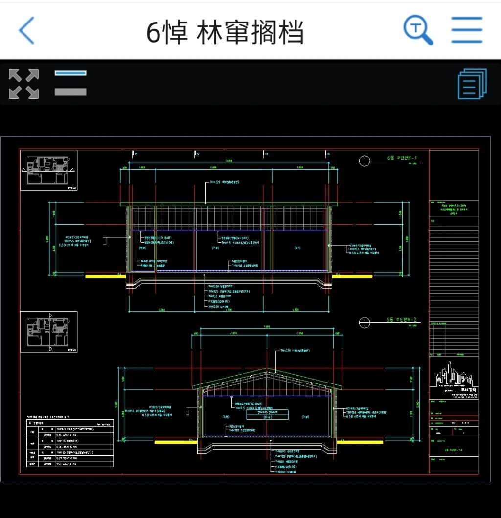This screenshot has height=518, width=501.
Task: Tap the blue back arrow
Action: point(27,30)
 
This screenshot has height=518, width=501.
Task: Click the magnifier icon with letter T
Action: point(418,30)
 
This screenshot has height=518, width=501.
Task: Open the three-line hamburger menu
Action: point(467,30)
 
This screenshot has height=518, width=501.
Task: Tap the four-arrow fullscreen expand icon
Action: point(23,84)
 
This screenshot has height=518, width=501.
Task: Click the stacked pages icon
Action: point(472,84)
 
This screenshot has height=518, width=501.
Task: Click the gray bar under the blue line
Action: point(70,91)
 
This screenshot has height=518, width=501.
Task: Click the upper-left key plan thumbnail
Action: point(48,170)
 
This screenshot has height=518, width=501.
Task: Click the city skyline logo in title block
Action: point(455,376)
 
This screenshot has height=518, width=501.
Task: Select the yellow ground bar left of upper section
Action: point(105,276)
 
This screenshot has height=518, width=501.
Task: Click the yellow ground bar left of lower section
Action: point(173,442)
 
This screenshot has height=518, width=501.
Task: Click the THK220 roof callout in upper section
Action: point(224,182)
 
